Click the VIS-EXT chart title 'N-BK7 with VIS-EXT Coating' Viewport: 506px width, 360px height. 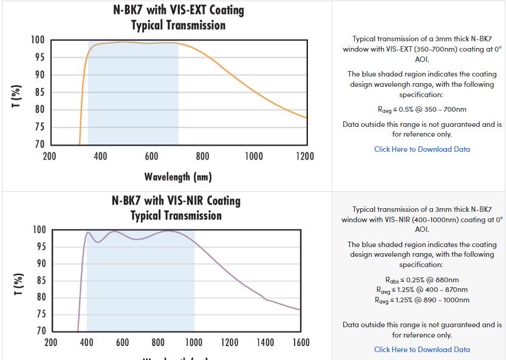click(179, 10)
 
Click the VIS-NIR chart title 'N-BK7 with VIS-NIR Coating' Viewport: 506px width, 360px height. click(176, 201)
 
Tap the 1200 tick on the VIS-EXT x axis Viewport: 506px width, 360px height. click(305, 157)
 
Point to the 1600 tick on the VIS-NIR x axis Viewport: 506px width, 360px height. click(301, 342)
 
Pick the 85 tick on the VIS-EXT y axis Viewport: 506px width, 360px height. click(38, 93)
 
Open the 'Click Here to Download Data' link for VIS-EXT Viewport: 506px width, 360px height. click(422, 149)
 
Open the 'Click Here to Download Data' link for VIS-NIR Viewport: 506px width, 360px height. click(422, 350)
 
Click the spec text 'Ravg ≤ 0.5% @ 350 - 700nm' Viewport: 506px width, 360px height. click(422, 110)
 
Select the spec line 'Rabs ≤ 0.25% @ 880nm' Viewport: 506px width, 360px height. click(422, 280)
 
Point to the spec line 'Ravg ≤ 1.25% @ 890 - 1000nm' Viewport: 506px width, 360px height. click(422, 300)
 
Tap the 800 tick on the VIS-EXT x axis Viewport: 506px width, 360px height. click(203, 157)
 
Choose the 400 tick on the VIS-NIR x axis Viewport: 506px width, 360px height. click(87, 342)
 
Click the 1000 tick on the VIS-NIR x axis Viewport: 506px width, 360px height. click(194, 342)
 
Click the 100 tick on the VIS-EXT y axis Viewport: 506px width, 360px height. click(38, 40)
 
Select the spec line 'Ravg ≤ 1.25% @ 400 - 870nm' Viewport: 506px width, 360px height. click(422, 290)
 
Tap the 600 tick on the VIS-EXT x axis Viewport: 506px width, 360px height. click(152, 157)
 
